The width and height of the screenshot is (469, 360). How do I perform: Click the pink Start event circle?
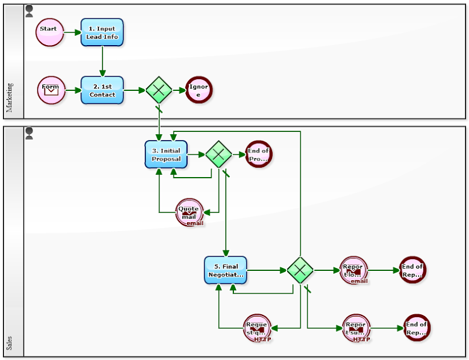pyautogui.click(x=49, y=32)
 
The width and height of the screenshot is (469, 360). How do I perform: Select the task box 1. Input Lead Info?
pyautogui.click(x=102, y=32)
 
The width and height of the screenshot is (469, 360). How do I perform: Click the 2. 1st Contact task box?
pyautogui.click(x=102, y=90)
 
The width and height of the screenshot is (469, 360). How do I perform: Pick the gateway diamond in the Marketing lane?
pyautogui.click(x=159, y=90)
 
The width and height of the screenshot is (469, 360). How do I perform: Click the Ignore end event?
pyautogui.click(x=199, y=90)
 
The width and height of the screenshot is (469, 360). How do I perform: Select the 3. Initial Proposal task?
pyautogui.click(x=166, y=154)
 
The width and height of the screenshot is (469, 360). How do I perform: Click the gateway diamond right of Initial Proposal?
pyautogui.click(x=219, y=154)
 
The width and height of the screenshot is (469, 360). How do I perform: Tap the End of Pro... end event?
pyautogui.click(x=259, y=154)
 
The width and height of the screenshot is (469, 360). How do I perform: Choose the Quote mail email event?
pyautogui.click(x=189, y=212)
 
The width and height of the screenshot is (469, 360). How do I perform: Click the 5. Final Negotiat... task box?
pyautogui.click(x=226, y=270)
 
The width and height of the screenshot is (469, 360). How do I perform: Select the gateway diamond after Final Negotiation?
pyautogui.click(x=300, y=270)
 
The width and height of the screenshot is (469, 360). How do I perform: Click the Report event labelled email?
pyautogui.click(x=354, y=270)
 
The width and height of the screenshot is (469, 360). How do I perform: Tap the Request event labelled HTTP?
pyautogui.click(x=257, y=328)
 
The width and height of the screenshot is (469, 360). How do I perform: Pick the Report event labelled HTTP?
pyautogui.click(x=356, y=328)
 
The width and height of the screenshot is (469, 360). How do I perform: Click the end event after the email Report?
pyautogui.click(x=412, y=270)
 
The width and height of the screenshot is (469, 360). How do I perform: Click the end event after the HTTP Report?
pyautogui.click(x=417, y=328)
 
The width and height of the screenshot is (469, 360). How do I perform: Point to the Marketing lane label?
pyautogui.click(x=10, y=97)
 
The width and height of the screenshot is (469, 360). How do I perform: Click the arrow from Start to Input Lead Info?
pyautogui.click(x=72, y=32)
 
